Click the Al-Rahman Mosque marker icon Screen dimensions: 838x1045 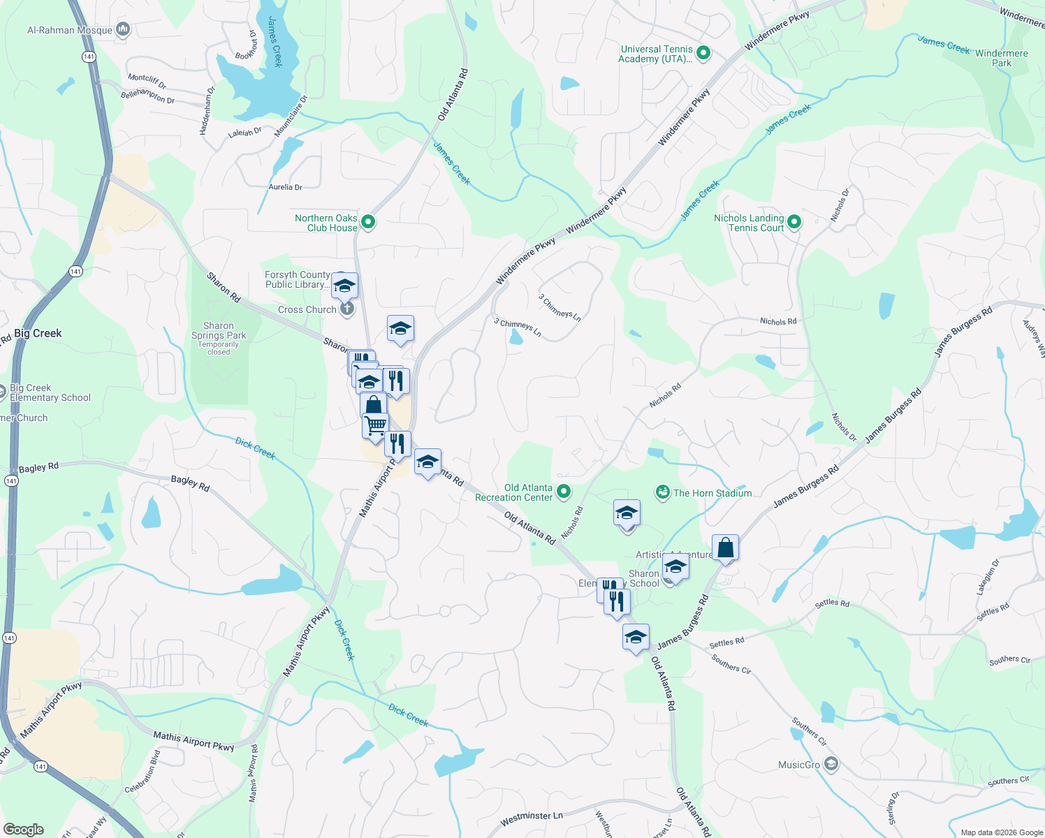tap(124, 29)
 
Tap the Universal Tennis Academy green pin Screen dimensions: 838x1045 tap(704, 53)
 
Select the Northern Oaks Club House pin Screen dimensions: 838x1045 tap(368, 222)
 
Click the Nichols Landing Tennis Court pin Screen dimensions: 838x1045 tap(794, 222)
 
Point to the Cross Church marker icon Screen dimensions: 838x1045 tap(347, 309)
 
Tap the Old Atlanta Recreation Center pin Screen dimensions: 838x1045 tap(564, 492)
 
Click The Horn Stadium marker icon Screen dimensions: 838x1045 tap(662, 492)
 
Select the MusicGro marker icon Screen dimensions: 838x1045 tap(831, 765)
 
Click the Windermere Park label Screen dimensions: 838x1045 tap(1001, 58)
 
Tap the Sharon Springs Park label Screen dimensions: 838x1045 tap(219, 330)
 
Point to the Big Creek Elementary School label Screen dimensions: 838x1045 tap(50, 392)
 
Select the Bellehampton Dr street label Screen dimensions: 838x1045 tap(147, 95)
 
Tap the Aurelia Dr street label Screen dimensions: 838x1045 tap(285, 187)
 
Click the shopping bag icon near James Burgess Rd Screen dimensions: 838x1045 tap(725, 547)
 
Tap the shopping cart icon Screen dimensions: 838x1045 tap(375, 425)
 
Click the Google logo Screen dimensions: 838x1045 tap(23, 830)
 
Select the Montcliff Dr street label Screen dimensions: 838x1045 tap(147, 81)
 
